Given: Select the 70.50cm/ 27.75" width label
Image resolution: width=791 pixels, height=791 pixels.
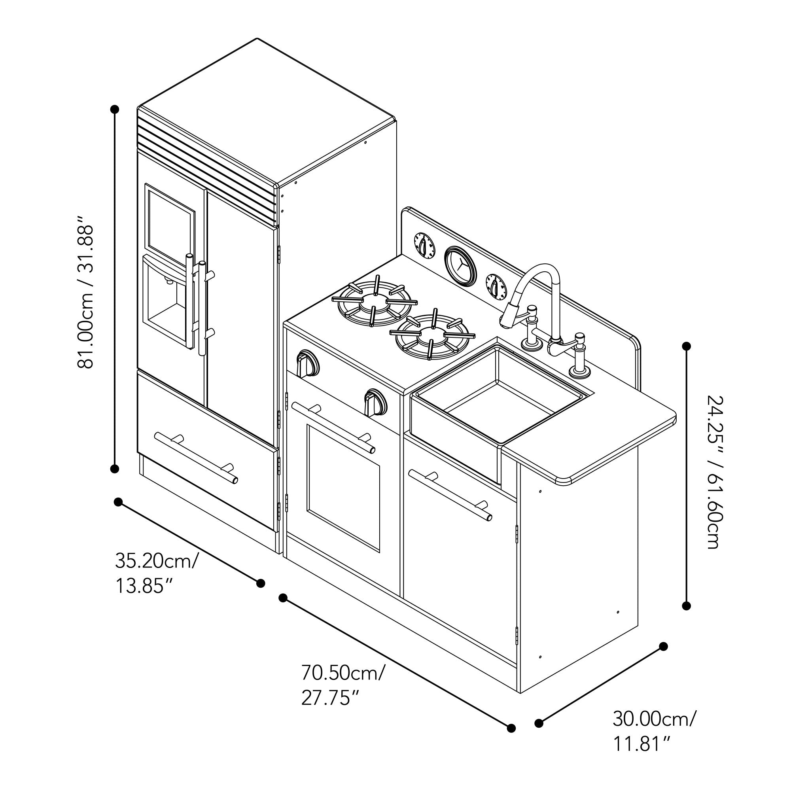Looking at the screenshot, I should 343,685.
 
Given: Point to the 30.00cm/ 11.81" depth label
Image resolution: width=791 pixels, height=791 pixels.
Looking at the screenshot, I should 654,731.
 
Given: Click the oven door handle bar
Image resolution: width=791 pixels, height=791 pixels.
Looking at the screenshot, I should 333,428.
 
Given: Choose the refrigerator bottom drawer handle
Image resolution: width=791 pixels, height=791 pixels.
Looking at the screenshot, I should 196,456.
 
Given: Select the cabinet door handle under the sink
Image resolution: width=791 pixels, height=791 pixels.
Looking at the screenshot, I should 450,496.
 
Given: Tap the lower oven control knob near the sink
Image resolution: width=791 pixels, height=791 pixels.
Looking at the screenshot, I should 375,402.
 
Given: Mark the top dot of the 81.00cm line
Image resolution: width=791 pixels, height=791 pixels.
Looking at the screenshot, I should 115,109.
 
